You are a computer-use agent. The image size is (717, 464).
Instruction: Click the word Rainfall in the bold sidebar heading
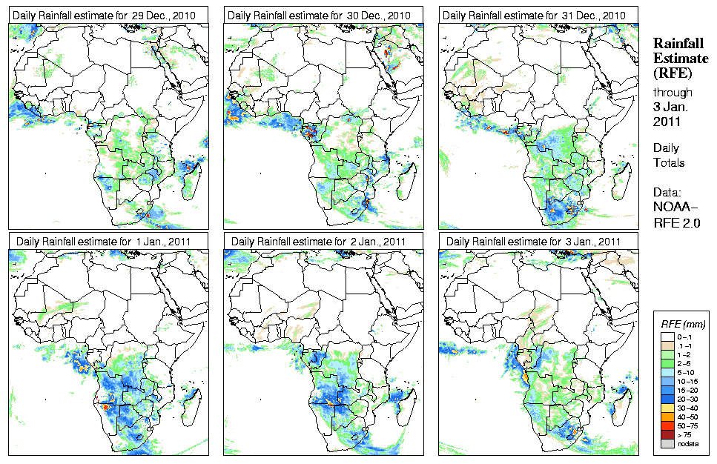click(x=678, y=44)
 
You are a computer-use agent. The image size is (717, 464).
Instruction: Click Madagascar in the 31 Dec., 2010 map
click(x=620, y=176)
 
